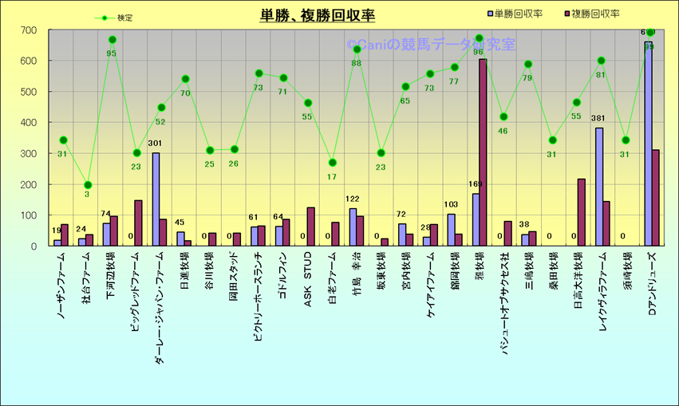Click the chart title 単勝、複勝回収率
[317, 15]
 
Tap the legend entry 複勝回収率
[595, 14]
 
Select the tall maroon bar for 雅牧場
[483, 152]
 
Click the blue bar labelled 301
[156, 199]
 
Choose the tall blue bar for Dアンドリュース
[648, 144]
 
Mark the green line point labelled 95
[112, 40]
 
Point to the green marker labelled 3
[88, 185]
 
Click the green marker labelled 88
[357, 49]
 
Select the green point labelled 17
[333, 163]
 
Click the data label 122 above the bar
[352, 199]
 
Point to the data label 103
[452, 205]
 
